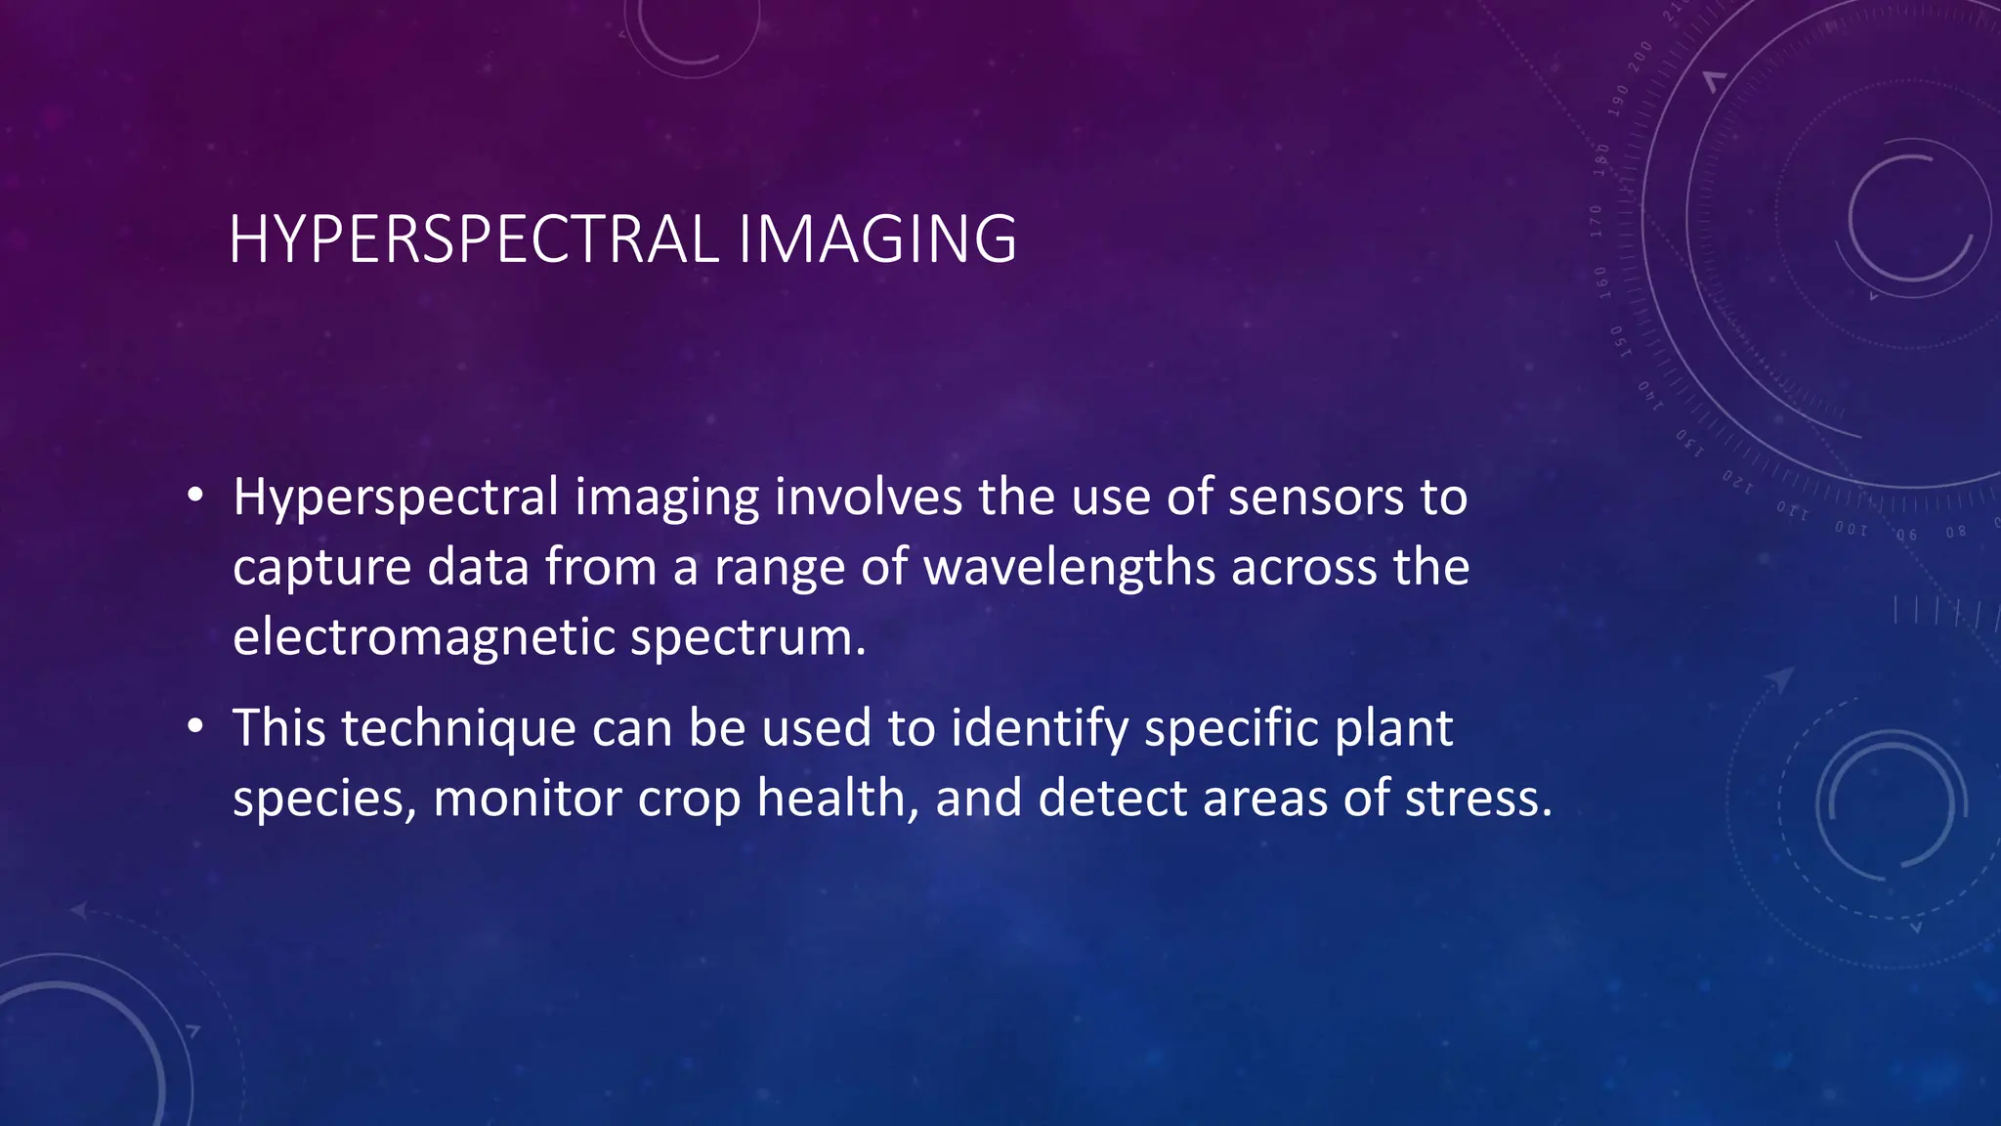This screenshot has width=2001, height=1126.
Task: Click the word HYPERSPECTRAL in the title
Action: [474, 239]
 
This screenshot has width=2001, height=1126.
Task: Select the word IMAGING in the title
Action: [876, 239]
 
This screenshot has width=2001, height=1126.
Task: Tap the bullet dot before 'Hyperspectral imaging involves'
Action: [196, 496]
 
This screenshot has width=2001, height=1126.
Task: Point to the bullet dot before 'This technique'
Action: [196, 726]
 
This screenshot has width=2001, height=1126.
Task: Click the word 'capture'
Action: [321, 569]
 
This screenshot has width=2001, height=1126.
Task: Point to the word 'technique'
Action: [458, 729]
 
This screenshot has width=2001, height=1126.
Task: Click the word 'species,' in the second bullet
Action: [324, 800]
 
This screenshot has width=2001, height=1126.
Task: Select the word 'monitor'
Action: [527, 798]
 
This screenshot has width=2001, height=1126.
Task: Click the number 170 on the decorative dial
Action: [1597, 222]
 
